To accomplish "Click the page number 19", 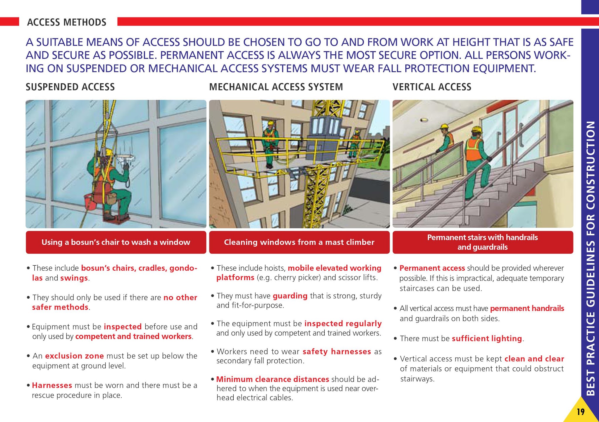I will [x=581, y=412].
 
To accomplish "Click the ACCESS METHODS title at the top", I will [x=67, y=22].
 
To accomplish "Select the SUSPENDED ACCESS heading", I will [x=70, y=87].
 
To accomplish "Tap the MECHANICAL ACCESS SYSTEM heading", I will [x=276, y=87].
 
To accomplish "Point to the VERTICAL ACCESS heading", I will [x=432, y=87].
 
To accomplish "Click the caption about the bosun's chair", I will [x=116, y=242].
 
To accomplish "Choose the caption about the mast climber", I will [x=299, y=242].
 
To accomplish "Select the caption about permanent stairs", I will [x=482, y=242].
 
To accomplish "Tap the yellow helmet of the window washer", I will [x=109, y=152].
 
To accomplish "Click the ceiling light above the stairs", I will [x=424, y=120].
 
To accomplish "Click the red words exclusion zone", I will [x=74, y=356].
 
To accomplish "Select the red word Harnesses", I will [x=52, y=385].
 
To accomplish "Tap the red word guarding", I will [x=290, y=296].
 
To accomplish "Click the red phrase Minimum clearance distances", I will [x=273, y=379].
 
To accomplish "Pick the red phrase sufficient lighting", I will [x=487, y=338].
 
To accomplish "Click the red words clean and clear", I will [x=534, y=359].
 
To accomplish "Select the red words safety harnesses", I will [x=337, y=351].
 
